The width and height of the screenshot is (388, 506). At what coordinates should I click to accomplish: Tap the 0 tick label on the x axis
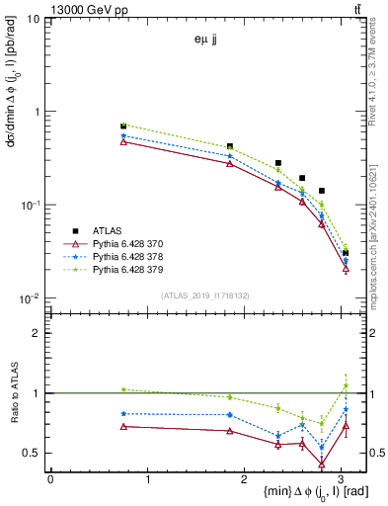click(x=50, y=480)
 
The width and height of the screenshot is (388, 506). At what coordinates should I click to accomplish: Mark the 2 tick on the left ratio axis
click(x=36, y=333)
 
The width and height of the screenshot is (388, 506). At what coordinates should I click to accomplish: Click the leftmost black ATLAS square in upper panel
click(x=123, y=126)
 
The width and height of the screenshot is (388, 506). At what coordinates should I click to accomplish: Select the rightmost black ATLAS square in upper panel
click(x=346, y=253)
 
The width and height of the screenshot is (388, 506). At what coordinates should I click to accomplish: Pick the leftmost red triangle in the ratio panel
click(x=123, y=426)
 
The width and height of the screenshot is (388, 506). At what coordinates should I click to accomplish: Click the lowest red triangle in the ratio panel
click(x=322, y=464)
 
